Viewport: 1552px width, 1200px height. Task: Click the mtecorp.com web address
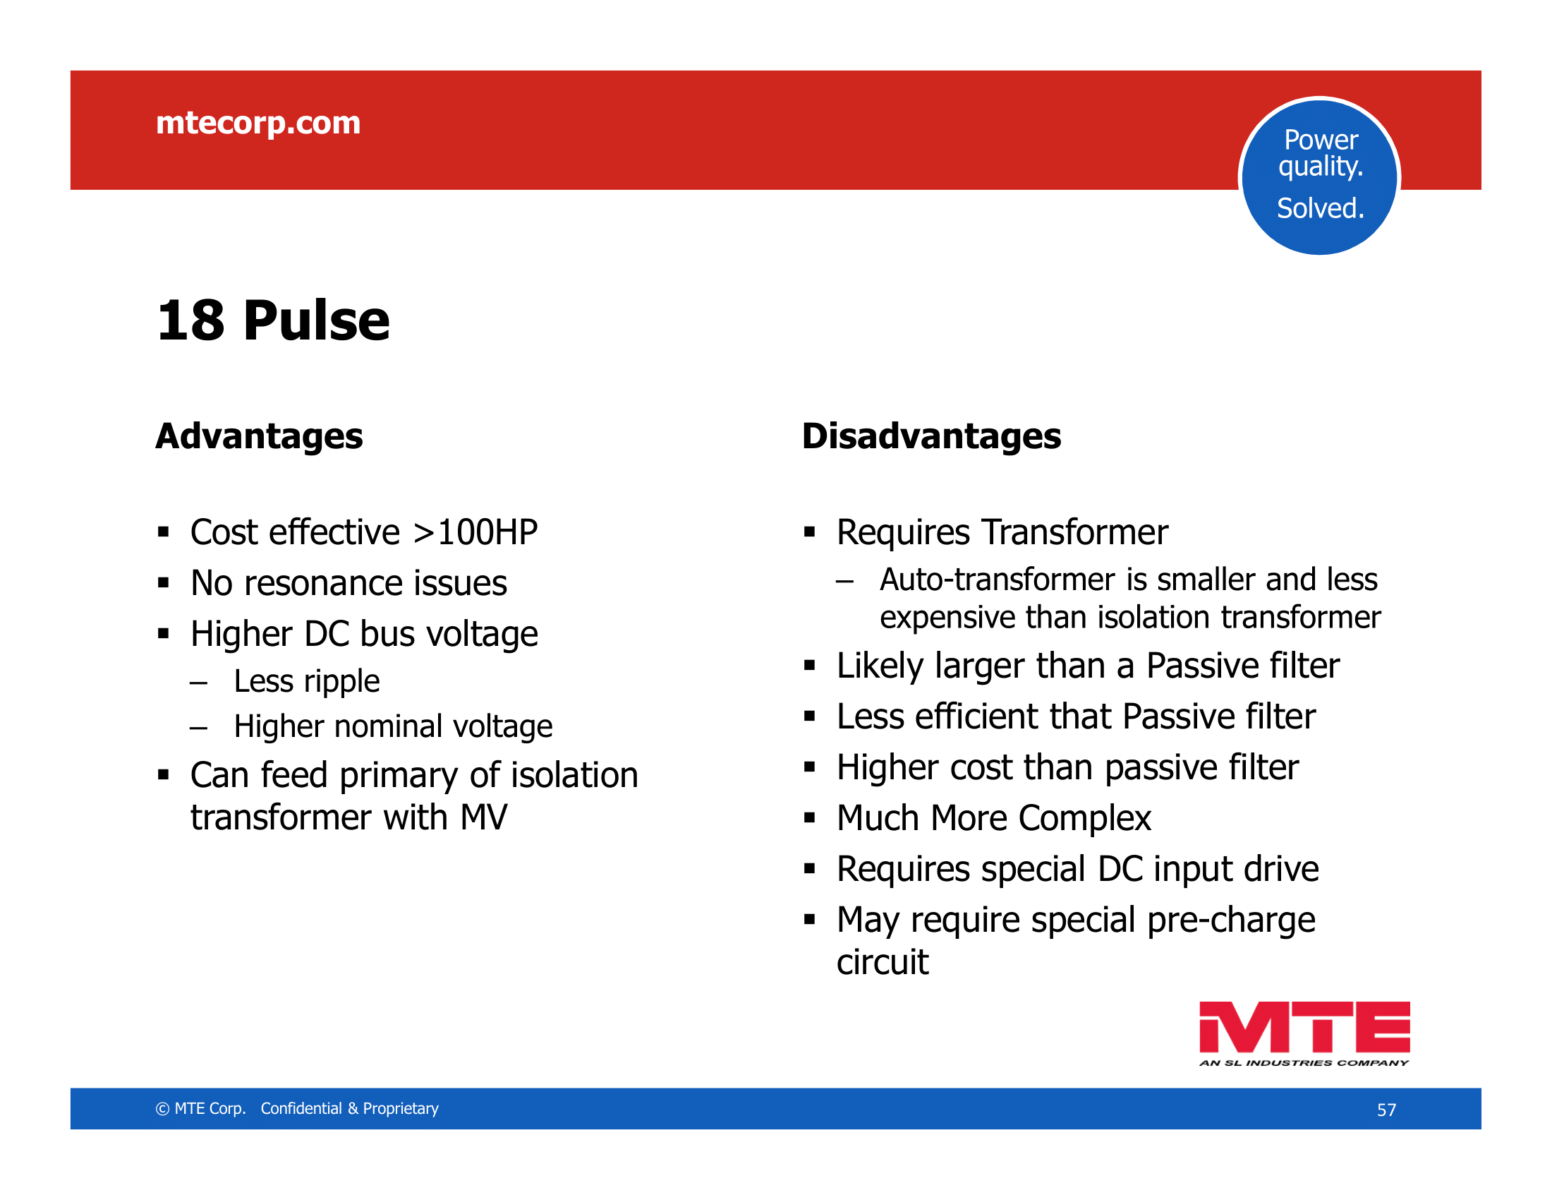coord(258,124)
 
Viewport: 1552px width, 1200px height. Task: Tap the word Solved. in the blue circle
coord(1321,208)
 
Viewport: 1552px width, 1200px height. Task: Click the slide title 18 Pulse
coord(273,320)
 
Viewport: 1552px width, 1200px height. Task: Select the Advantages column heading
coord(260,436)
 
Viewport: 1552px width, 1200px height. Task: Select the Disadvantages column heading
coord(932,436)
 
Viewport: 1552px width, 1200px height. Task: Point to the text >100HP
coord(475,532)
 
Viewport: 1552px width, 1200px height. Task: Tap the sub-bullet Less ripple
coord(307,682)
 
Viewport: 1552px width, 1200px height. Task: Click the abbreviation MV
coord(484,817)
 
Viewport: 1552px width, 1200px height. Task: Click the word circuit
coord(883,962)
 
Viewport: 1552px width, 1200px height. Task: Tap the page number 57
coord(1386,1110)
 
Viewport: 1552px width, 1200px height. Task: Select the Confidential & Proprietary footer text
coord(350,1108)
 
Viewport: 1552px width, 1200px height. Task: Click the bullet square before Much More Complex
coord(809,818)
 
